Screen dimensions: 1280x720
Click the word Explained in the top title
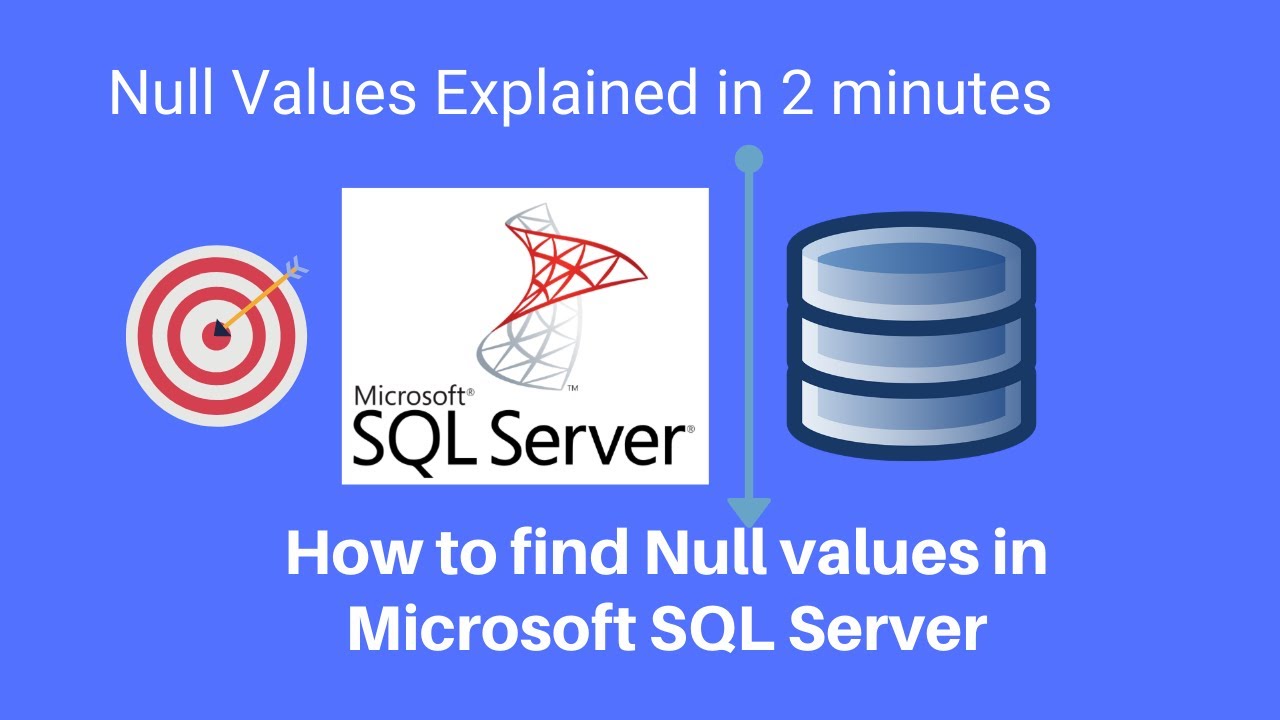[566, 94]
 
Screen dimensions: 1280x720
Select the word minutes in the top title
[941, 93]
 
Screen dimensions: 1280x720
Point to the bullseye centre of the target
[216, 335]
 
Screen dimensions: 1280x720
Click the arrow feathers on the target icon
[296, 266]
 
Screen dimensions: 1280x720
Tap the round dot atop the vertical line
[749, 159]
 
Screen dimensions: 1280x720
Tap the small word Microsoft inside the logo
[410, 396]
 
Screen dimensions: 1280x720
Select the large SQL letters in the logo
[414, 443]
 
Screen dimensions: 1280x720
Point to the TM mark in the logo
[572, 388]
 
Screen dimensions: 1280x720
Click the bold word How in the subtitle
[352, 553]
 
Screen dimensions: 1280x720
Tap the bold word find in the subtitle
[570, 552]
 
